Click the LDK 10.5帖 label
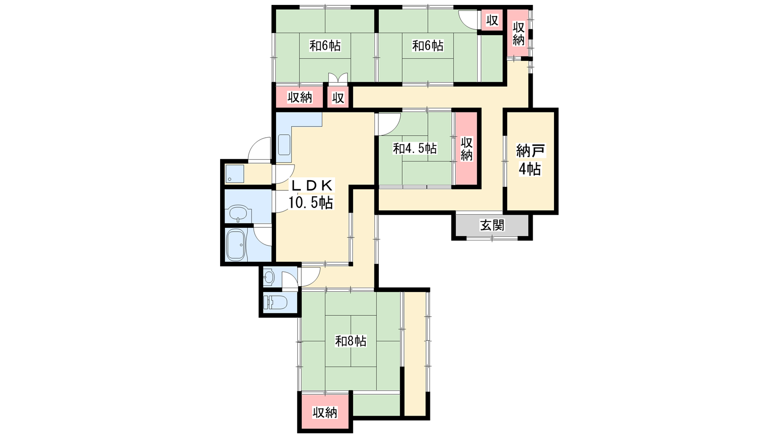click(x=311, y=194)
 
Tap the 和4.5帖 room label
click(x=414, y=149)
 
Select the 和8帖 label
click(x=351, y=341)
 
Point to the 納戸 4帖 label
click(x=530, y=160)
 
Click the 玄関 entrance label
click(x=492, y=225)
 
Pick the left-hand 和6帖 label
click(x=325, y=46)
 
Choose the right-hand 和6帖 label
click(x=427, y=46)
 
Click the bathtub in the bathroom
click(x=237, y=245)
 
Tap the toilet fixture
click(x=275, y=302)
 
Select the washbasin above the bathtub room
click(x=238, y=213)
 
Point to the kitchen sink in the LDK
click(x=284, y=145)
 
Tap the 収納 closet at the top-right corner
click(x=518, y=34)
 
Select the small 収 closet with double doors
click(x=338, y=98)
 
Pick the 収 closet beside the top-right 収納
click(x=492, y=20)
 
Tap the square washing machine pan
click(x=234, y=174)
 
